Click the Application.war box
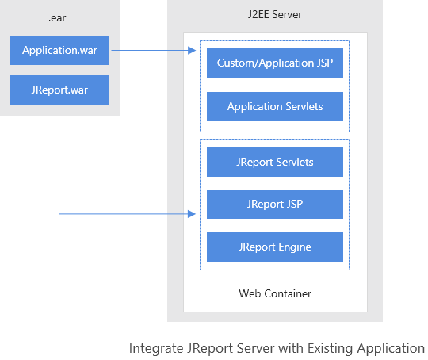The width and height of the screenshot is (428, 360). [59, 51]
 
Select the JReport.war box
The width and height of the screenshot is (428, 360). [59, 90]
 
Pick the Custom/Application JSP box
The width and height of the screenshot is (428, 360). [274, 63]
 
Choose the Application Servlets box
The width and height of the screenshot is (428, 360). [274, 106]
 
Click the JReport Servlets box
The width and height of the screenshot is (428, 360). [274, 162]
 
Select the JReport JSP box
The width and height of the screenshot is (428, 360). [274, 204]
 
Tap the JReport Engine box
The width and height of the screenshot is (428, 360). [274, 247]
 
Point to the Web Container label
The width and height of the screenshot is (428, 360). [274, 293]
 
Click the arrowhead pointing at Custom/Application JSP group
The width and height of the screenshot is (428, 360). [192, 51]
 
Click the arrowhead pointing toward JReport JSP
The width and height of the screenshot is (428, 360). [192, 213]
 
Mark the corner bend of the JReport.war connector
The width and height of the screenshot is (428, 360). [59, 213]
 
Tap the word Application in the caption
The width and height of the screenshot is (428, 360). [394, 348]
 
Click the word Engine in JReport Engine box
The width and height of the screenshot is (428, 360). [293, 247]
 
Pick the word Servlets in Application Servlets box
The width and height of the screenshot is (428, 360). [304, 106]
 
